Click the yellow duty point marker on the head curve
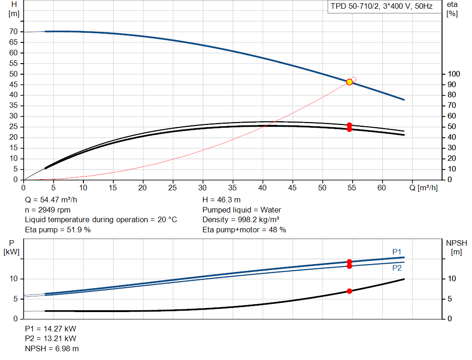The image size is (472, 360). [349, 82]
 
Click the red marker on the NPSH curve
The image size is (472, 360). [349, 291]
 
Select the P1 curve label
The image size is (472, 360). [397, 252]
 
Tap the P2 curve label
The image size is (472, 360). [397, 268]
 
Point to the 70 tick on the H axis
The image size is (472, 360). [13, 32]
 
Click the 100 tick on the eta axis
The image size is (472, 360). [454, 74]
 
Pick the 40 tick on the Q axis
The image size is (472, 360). [262, 188]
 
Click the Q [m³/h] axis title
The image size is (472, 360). [424, 188]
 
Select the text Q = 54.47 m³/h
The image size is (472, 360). [51, 200]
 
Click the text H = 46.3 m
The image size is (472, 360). [221, 200]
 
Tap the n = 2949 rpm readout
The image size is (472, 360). [47, 210]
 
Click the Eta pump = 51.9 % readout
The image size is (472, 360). [58, 230]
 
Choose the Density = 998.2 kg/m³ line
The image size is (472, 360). [241, 220]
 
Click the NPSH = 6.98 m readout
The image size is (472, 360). [52, 348]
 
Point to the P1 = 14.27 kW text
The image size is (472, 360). [51, 329]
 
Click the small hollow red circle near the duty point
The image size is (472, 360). [354, 79]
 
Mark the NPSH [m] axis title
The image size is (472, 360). [456, 248]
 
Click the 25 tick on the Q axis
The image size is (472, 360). [172, 188]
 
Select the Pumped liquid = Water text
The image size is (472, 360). [242, 210]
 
